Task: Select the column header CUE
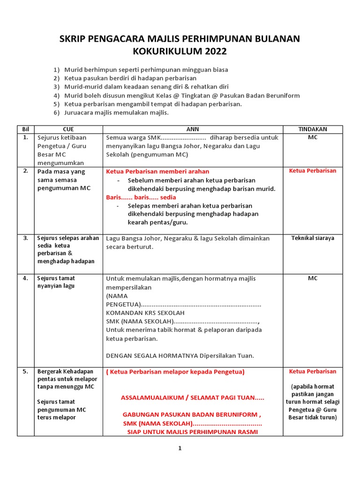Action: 68,129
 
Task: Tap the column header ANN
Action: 193,129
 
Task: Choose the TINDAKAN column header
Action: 313,129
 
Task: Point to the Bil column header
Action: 26,129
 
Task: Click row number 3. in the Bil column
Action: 26,238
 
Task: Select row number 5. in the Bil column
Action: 26,372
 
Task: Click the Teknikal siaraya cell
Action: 313,238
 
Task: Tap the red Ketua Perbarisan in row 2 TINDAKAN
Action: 313,171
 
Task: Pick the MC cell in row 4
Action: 313,278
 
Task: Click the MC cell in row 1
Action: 313,137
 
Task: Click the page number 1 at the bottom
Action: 180,448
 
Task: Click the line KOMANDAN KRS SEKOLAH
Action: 145,313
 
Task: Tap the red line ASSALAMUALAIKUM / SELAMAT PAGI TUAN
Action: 192,398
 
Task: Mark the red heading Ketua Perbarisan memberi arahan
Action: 157,172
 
